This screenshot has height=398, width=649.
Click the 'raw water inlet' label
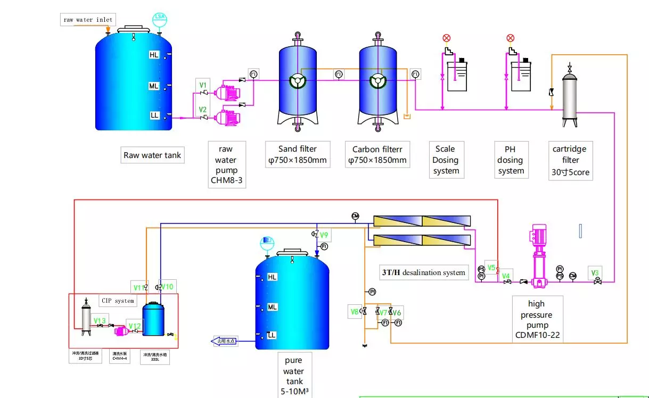[x=88, y=20]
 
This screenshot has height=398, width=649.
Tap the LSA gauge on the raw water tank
[x=159, y=18]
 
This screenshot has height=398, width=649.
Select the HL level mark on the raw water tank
[x=154, y=55]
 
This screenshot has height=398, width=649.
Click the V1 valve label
[x=203, y=85]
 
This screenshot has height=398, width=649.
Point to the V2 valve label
[x=203, y=110]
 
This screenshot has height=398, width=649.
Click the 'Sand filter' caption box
[x=298, y=154]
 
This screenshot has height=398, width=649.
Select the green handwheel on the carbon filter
[x=378, y=81]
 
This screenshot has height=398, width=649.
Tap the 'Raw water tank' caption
[x=152, y=155]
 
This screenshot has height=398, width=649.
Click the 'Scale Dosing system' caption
[x=446, y=160]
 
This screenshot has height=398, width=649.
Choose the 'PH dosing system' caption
[x=511, y=160]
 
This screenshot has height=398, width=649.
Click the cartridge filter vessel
[x=570, y=98]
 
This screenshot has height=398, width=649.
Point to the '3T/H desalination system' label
[x=423, y=272]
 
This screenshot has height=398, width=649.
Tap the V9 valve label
[x=324, y=235]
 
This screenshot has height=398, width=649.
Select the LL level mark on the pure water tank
[x=272, y=335]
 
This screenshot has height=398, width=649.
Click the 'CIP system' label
[x=118, y=301]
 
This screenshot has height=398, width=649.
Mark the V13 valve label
[x=100, y=320]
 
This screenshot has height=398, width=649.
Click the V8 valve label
[x=355, y=311]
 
